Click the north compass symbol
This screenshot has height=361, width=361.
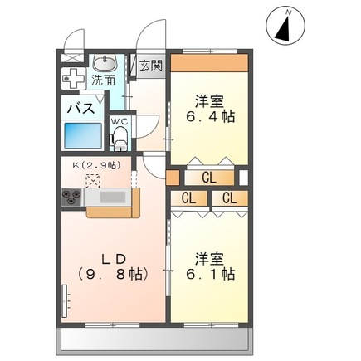coord(285,26)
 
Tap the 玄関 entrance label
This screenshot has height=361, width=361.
coord(151,66)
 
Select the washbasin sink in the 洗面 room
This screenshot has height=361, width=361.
coord(105,63)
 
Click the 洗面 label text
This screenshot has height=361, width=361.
coord(103,80)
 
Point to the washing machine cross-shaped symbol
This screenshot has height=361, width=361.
coord(73,78)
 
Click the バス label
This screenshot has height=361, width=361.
coord(81,108)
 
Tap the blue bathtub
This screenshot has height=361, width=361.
coord(83,135)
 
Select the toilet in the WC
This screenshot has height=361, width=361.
coord(120,139)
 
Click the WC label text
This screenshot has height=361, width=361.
coord(120,121)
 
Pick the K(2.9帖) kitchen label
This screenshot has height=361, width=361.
coord(96,165)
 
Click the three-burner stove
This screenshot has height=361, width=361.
coord(71,198)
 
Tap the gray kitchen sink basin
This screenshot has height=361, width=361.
coord(112,198)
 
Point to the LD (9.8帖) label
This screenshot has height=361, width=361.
coord(114,266)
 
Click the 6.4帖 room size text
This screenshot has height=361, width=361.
coord(210,117)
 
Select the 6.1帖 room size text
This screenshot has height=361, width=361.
coord(210,275)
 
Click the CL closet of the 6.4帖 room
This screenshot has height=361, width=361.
coord(209,178)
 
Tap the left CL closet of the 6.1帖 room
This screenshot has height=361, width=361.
coord(189,198)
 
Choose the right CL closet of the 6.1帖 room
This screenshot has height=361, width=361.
coord(230,198)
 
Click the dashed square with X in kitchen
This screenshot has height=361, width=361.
coord(93,181)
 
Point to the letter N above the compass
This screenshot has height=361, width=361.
coord(289,12)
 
